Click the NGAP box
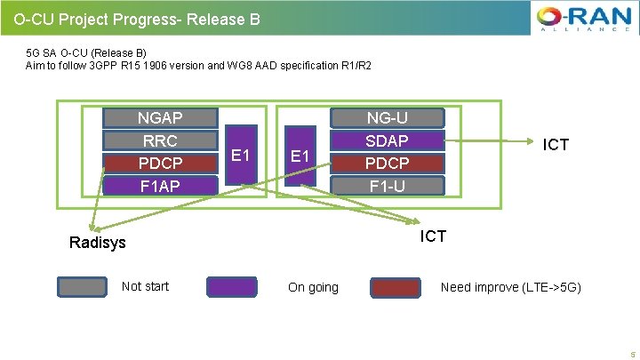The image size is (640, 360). tap(161, 118)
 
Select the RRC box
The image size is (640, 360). tap(161, 140)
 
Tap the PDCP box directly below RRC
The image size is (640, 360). tap(161, 163)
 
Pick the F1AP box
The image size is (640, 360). tap(161, 185)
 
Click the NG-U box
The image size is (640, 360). tap(387, 118)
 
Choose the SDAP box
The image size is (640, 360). tap(387, 140)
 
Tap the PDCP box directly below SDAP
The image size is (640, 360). tap(387, 163)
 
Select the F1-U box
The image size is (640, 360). tap(387, 185)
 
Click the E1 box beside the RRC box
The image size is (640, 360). tap(240, 155)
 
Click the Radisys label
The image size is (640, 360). tap(98, 243)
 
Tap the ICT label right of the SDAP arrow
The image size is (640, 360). tap(556, 145)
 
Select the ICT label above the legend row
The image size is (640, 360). tap(432, 236)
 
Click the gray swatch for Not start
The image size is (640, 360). tap(83, 286)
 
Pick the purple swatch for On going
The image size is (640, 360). tap(231, 286)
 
